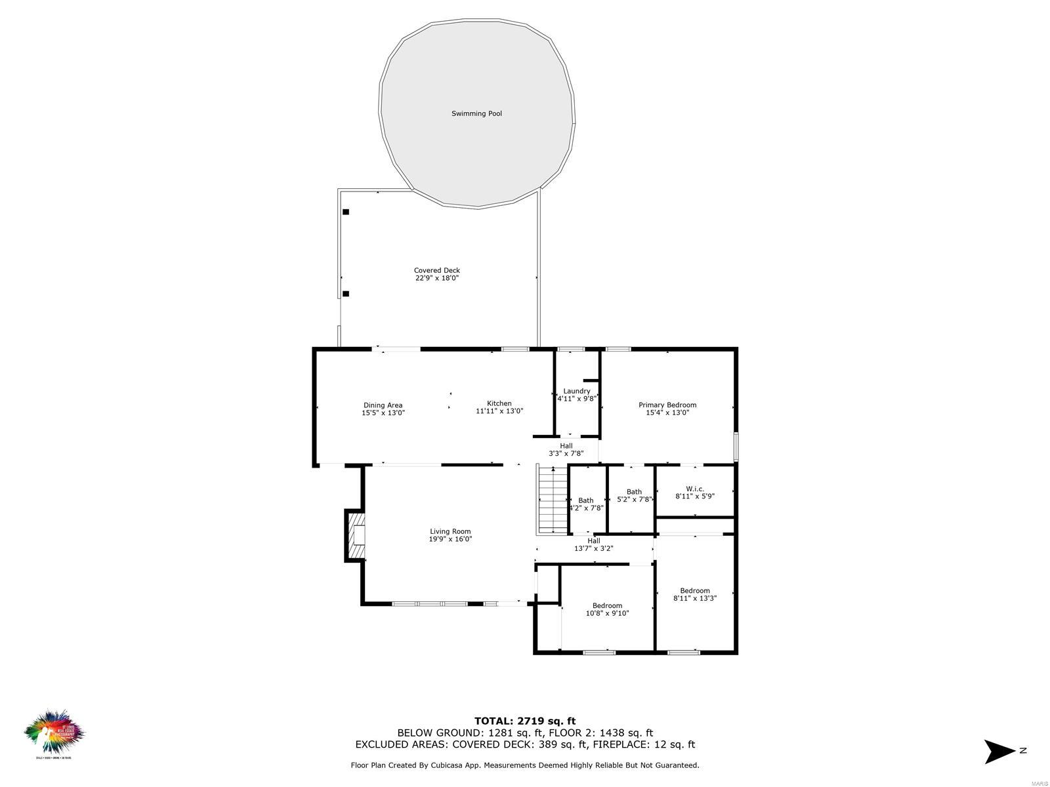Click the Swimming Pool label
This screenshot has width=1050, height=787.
[476, 113]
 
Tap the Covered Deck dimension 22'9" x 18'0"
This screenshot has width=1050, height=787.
[436, 278]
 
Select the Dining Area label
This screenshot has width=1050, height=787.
[383, 405]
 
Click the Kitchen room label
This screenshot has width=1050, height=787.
[499, 403]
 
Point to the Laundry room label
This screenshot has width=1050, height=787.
[576, 391]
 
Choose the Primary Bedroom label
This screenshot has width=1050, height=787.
[667, 405]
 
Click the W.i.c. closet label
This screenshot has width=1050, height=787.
[694, 489]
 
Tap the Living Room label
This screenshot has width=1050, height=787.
[450, 531]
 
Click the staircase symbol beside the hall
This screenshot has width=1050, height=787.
[552, 500]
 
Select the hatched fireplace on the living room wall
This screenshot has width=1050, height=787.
[357, 536]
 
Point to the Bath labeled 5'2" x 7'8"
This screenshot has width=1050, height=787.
[634, 492]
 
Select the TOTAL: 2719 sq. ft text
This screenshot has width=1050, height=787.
[525, 721]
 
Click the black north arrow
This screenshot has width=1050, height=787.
[999, 751]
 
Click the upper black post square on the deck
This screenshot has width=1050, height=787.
[346, 212]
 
